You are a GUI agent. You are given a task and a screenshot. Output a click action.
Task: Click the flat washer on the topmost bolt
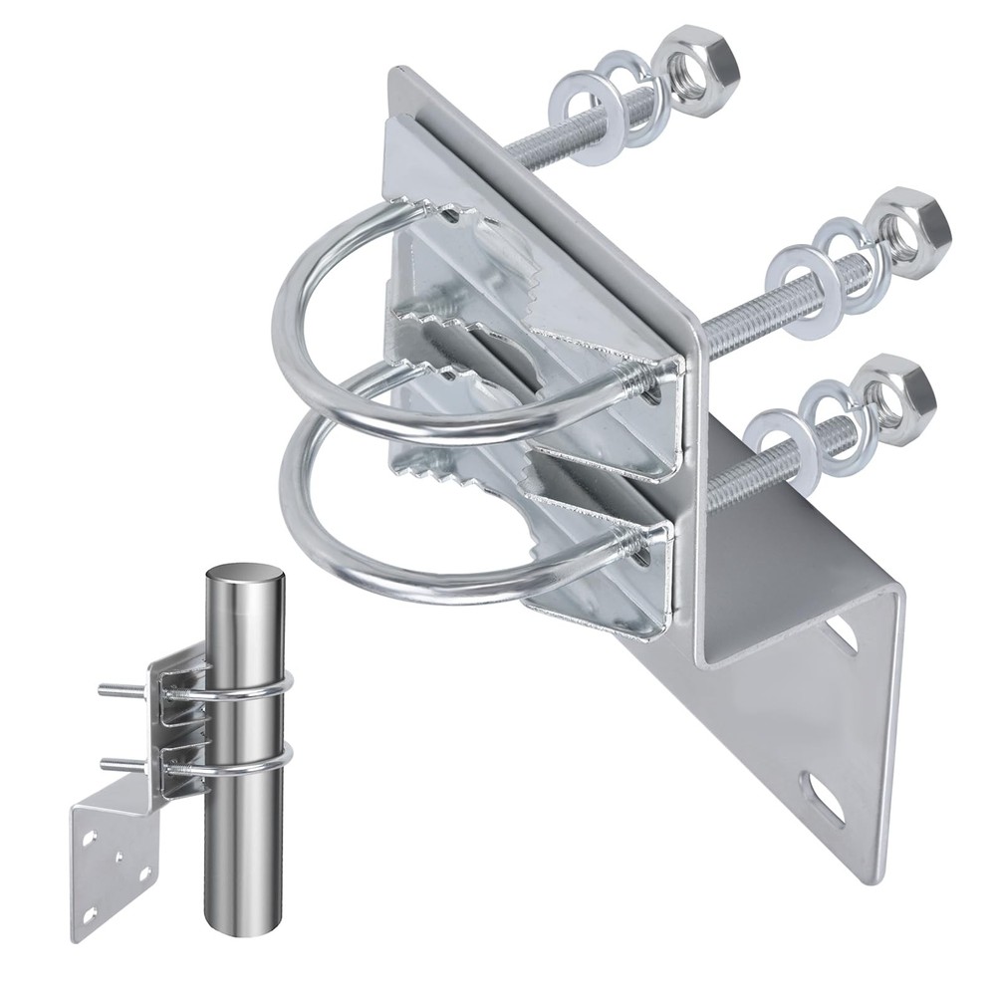coord(574,103)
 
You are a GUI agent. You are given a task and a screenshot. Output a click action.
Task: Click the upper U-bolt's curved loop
coord(299,299)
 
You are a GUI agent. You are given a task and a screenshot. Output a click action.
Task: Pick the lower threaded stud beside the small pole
coord(125,764)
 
